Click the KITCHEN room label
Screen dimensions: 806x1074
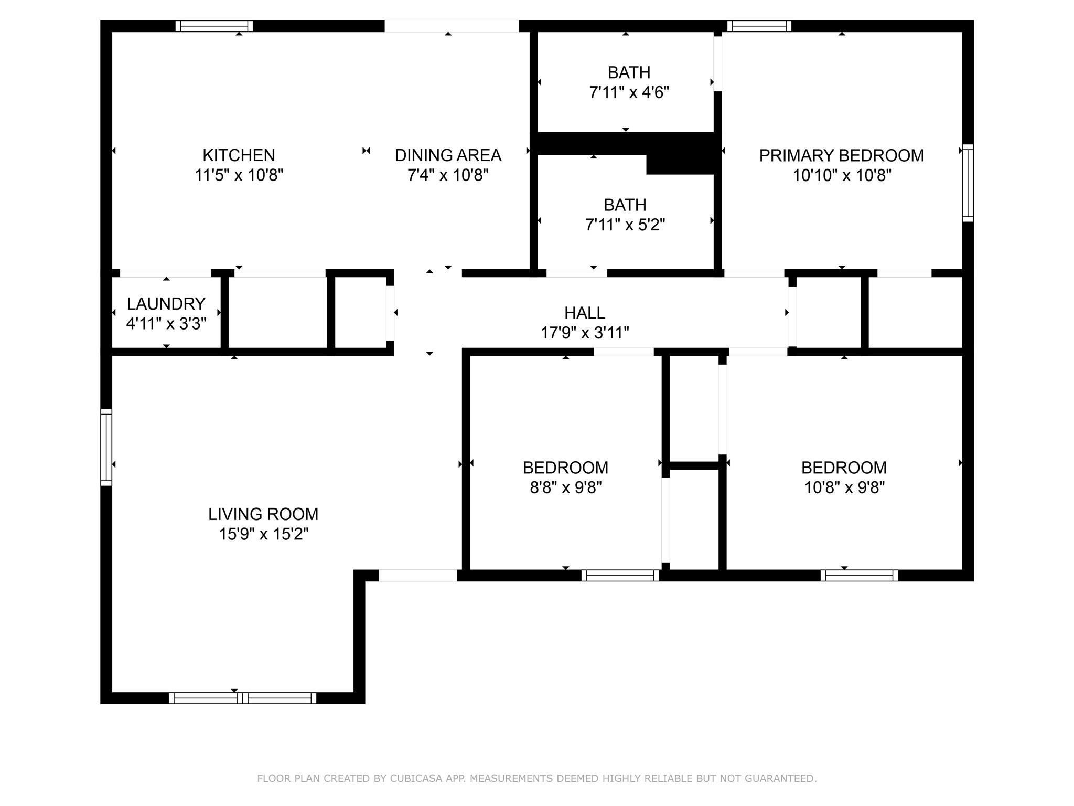pyautogui.click(x=239, y=155)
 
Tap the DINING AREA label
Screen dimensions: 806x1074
pyautogui.click(x=448, y=155)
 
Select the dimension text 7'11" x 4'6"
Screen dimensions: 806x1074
pyautogui.click(x=629, y=93)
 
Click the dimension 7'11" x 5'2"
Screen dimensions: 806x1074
pyautogui.click(x=625, y=225)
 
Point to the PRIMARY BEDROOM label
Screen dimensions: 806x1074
pyautogui.click(x=841, y=156)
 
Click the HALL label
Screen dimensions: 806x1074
pyautogui.click(x=585, y=313)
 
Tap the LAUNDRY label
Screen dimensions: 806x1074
pyautogui.click(x=166, y=304)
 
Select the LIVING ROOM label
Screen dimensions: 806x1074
pyautogui.click(x=263, y=514)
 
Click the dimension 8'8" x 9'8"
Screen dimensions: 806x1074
pyautogui.click(x=565, y=488)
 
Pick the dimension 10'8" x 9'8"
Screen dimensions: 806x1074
pyautogui.click(x=844, y=488)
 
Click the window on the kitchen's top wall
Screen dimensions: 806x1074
pyautogui.click(x=214, y=26)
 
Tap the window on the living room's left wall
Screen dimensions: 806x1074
pyautogui.click(x=106, y=447)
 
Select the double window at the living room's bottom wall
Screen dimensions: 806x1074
pyautogui.click(x=242, y=698)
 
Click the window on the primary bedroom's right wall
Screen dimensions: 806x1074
pyautogui.click(x=968, y=183)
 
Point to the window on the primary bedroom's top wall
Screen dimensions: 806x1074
pyautogui.click(x=759, y=26)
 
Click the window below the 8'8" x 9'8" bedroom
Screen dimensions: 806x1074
pyautogui.click(x=620, y=576)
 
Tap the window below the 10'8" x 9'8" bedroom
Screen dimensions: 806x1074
pyautogui.click(x=859, y=576)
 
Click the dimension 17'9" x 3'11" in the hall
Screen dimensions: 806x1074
pyautogui.click(x=585, y=333)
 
